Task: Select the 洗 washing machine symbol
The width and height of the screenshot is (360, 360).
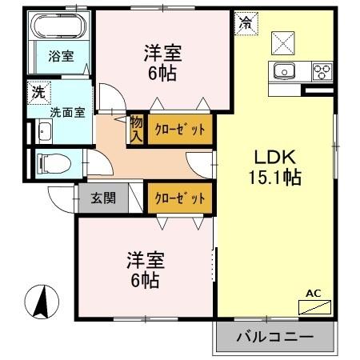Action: tap(38, 92)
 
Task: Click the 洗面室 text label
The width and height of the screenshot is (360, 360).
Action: tap(66, 111)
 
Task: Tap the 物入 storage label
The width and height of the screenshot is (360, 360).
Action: tap(136, 130)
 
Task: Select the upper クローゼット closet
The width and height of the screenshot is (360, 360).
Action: tap(180, 129)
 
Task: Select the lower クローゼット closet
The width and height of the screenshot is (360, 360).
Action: tap(180, 198)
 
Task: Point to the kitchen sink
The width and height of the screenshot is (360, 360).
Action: tap(285, 71)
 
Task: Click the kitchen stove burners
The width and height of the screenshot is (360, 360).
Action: tap(322, 71)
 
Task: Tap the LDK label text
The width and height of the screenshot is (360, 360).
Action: tap(274, 157)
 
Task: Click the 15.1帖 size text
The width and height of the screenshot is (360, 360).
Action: tap(274, 178)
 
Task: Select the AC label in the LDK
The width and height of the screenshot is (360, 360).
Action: tap(314, 294)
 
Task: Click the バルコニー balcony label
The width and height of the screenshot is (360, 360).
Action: tap(274, 338)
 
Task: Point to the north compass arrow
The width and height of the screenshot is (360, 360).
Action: tap(42, 302)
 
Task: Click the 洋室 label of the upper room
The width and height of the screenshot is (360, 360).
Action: tap(163, 54)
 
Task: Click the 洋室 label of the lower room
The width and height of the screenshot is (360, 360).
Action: tap(145, 261)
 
